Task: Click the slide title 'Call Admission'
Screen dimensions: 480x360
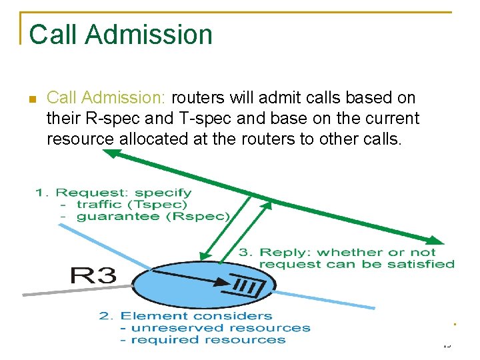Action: (121, 35)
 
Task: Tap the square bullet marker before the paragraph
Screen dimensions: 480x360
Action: (31, 100)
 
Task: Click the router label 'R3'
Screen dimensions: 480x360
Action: (94, 275)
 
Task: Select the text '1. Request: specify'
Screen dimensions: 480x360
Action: (113, 193)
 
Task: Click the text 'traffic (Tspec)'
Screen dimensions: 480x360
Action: (132, 205)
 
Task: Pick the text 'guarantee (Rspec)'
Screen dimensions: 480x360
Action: (153, 216)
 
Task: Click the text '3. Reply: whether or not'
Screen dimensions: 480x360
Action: (337, 252)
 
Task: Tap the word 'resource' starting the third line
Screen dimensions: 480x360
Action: (80, 139)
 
